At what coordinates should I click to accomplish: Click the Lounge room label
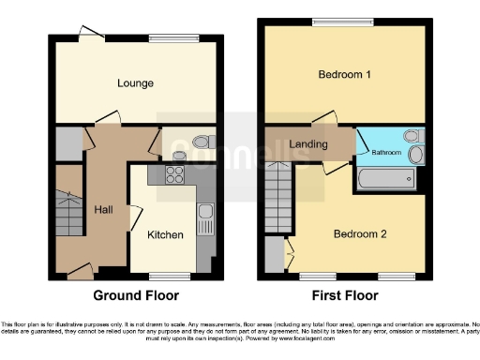click(x=136, y=83)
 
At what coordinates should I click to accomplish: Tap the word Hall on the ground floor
click(x=103, y=210)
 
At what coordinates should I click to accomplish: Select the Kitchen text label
click(x=165, y=234)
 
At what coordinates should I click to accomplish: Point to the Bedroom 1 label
click(x=344, y=74)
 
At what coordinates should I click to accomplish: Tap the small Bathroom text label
click(x=386, y=151)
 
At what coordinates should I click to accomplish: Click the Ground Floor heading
click(x=136, y=295)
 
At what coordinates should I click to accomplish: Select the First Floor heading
click(x=346, y=295)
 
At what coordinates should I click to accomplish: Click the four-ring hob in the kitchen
click(x=175, y=173)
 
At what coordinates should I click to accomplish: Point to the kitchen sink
click(x=206, y=217)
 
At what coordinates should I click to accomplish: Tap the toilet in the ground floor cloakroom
click(x=196, y=143)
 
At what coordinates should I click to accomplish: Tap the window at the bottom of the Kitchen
click(x=170, y=276)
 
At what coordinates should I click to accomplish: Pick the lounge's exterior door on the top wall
click(x=92, y=34)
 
